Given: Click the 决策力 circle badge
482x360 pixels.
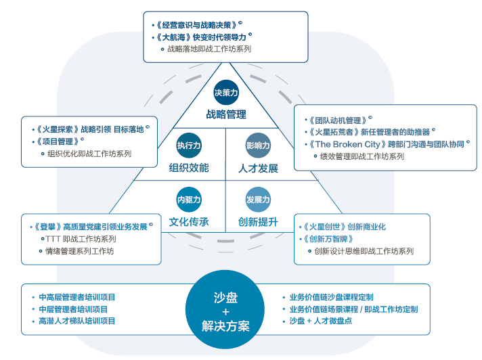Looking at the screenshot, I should (226, 92).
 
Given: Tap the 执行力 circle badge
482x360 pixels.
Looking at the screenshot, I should (189, 145).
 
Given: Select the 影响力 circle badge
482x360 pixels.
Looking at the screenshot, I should (258, 145).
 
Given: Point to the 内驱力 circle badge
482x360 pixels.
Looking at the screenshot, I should (189, 200).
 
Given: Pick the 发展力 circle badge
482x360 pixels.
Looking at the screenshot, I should (258, 200).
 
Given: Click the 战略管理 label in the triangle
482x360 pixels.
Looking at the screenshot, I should (226, 114).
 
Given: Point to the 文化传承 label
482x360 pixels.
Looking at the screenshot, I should (189, 222).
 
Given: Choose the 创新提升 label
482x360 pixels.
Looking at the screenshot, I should (258, 222).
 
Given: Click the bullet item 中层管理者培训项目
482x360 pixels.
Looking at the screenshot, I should (72, 309).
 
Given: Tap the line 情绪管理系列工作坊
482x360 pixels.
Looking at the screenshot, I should (80, 251).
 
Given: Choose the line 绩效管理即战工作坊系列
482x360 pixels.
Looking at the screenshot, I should (361, 156).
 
